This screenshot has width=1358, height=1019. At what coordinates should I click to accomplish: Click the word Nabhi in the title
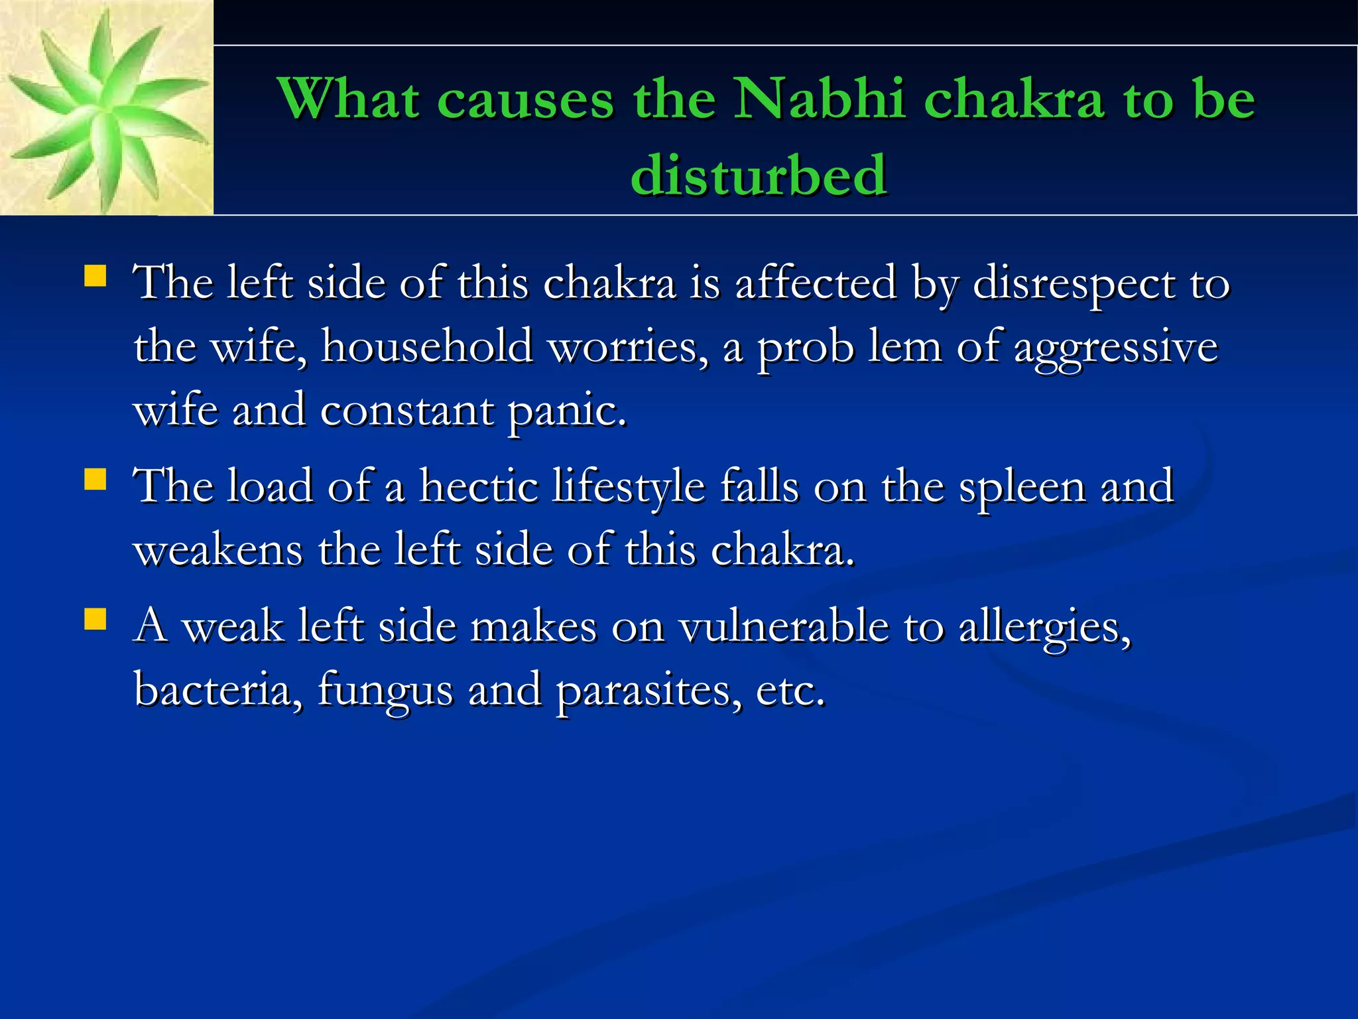pos(820,100)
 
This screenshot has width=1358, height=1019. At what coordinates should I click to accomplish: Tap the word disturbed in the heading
pos(759,175)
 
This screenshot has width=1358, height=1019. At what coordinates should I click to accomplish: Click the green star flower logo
pos(106,109)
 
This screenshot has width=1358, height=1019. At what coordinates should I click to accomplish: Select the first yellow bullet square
pos(95,275)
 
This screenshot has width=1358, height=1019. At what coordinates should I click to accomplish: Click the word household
pos(426,347)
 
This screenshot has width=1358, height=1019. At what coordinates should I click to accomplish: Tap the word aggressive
pos(1116,347)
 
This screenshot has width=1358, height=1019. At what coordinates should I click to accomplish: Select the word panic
pos(567,411)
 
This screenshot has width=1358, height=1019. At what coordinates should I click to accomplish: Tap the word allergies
pos(1045,628)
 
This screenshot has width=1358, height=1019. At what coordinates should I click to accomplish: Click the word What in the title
pos(348,100)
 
